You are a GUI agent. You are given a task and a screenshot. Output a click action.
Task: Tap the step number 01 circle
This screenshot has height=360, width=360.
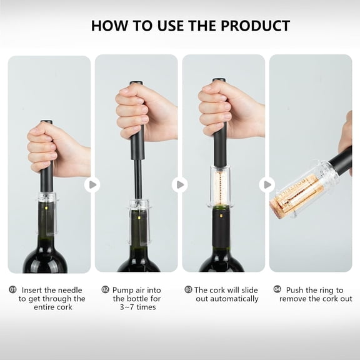point(12,290)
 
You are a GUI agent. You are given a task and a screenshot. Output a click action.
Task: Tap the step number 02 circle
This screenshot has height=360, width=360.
point(106,290)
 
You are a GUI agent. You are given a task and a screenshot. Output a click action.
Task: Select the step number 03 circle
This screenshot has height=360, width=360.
point(188,290)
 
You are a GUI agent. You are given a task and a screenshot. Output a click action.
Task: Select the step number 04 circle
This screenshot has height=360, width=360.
point(277,290)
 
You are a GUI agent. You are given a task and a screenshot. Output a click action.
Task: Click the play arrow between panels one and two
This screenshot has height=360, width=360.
point(92,184)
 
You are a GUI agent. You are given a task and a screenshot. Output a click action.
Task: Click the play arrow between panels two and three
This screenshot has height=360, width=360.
point(179,184)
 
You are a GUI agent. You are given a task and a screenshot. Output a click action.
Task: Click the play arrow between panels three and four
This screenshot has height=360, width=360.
point(267,184)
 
